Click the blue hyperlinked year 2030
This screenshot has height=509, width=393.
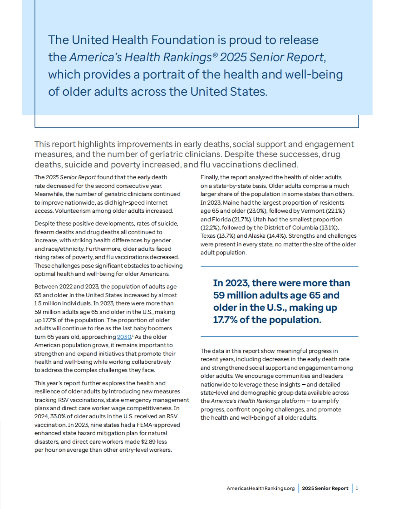click(124, 337)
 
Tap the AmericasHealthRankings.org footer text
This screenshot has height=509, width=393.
click(261, 488)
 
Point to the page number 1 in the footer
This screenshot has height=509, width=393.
click(357, 488)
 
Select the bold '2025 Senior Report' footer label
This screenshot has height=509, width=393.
click(325, 488)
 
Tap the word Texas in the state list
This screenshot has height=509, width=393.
click(208, 236)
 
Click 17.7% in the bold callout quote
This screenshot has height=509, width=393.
click(225, 320)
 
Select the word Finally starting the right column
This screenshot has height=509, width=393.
click(210, 177)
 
